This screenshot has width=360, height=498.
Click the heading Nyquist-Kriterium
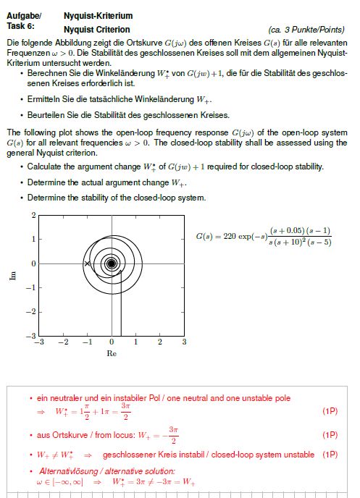point(88,15)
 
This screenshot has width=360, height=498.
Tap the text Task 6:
point(20,25)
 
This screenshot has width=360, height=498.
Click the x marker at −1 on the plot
point(88,264)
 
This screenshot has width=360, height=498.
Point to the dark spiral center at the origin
point(112,264)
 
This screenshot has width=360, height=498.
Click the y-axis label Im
point(13,277)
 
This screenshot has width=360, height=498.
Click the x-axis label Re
point(112,354)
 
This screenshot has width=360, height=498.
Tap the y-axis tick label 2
point(33,216)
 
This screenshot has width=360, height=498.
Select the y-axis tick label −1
point(31,288)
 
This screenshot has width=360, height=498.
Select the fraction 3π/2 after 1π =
point(125,411)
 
